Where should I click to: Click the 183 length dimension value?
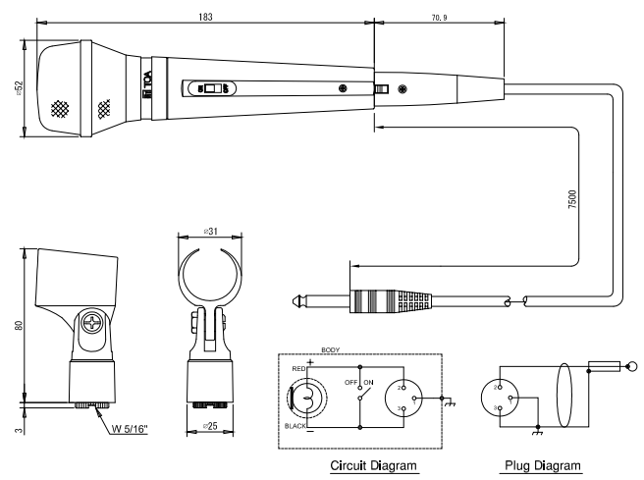tap(204, 18)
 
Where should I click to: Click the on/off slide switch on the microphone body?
tap(210, 89)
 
